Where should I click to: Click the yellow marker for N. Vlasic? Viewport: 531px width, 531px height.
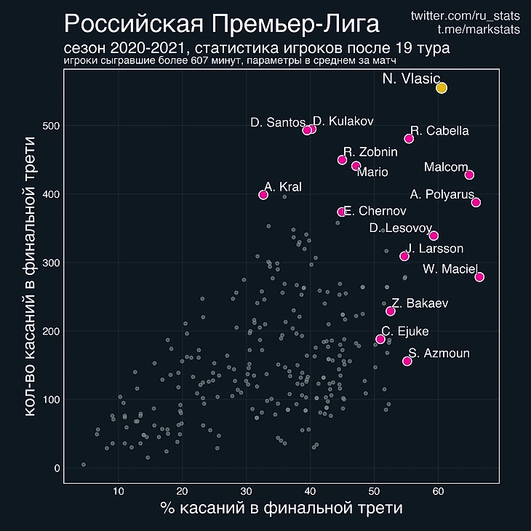pyautogui.click(x=442, y=88)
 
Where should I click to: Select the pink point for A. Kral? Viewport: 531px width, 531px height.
pyautogui.click(x=263, y=194)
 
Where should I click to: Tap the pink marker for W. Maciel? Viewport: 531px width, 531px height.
pyautogui.click(x=479, y=277)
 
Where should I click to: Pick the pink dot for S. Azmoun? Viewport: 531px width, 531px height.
pyautogui.click(x=407, y=361)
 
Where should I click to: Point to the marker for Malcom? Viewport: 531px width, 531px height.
pyautogui.click(x=469, y=175)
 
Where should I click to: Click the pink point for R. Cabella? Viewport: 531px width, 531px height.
pyautogui.click(x=409, y=138)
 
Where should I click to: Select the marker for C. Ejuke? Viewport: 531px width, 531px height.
pyautogui.click(x=380, y=339)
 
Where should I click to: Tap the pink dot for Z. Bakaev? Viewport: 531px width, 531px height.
pyautogui.click(x=391, y=311)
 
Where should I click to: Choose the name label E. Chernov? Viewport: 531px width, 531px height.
pyautogui.click(x=375, y=212)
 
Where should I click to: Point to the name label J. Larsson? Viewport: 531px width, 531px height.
pyautogui.click(x=434, y=249)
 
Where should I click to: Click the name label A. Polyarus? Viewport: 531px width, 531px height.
pyautogui.click(x=442, y=194)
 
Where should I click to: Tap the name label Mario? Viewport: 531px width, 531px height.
pyautogui.click(x=372, y=172)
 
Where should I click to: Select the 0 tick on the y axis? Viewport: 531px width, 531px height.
pyautogui.click(x=57, y=468)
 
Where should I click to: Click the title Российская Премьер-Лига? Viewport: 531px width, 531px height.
pyautogui.click(x=222, y=24)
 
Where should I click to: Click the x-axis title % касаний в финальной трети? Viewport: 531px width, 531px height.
pyautogui.click(x=281, y=508)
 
